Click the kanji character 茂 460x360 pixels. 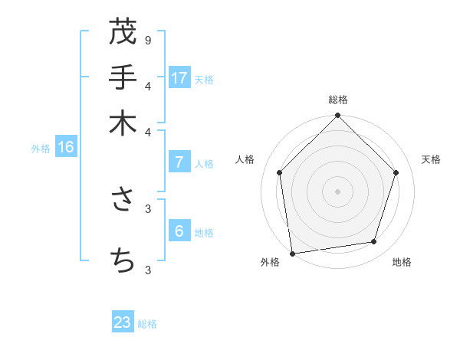point(123,33)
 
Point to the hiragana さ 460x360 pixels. point(123,200)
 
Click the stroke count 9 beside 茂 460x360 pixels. point(147,40)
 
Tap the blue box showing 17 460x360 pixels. point(179,77)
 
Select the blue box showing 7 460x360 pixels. point(179,162)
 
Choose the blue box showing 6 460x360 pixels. point(179,231)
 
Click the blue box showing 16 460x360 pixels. point(66,147)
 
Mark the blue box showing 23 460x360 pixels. point(123,322)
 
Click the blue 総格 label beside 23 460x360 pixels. point(147,324)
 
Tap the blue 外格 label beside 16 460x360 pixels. point(41,149)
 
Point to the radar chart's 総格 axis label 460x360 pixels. point(337,100)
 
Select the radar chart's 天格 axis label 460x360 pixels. point(432,159)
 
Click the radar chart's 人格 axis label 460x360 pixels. point(245,159)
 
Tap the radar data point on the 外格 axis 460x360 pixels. point(292,253)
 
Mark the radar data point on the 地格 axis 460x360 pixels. point(374,242)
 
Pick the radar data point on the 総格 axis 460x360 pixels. point(337,116)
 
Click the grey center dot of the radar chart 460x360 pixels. point(337,191)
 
